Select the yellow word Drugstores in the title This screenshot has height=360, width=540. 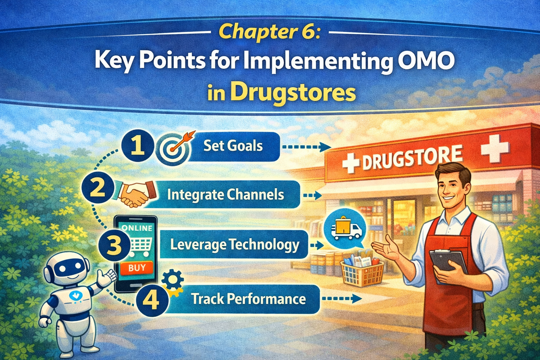(x=292, y=93)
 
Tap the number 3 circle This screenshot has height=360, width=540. (x=114, y=245)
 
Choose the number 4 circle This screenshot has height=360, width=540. (x=152, y=300)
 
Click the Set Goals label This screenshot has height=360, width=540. (x=233, y=146)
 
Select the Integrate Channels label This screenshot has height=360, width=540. (x=225, y=194)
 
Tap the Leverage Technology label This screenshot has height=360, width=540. (x=235, y=244)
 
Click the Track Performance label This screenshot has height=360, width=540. (x=248, y=299)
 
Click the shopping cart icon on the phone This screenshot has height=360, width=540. (x=140, y=246)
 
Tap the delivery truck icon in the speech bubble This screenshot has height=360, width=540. (x=346, y=228)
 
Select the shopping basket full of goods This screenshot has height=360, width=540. (x=362, y=270)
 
